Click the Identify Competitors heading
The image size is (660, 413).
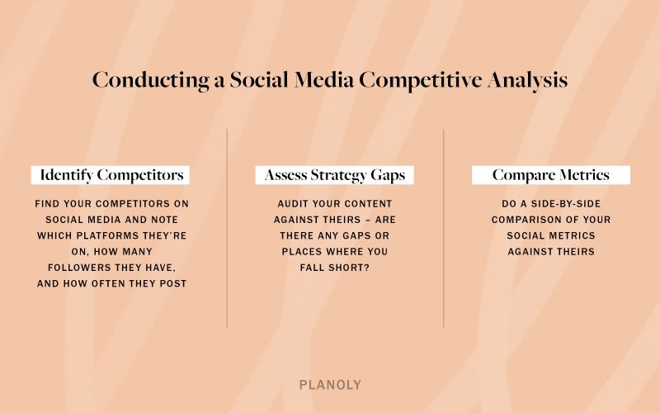point(111,175)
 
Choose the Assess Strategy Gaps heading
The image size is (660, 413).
point(334,175)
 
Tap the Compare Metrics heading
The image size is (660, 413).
point(550,175)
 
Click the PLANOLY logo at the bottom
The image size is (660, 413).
point(330,385)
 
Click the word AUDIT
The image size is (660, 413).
point(294,203)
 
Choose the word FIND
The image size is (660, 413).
point(49,203)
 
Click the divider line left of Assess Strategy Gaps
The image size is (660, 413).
point(227,227)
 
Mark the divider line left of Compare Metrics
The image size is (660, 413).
point(444,227)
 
